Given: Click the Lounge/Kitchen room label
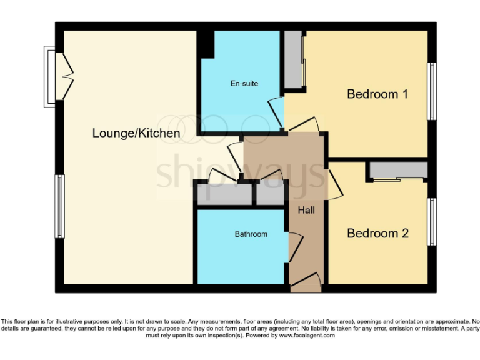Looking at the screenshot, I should point(136,133).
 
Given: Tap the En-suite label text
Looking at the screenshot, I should point(244,83).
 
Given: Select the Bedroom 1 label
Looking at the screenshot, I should point(377,94).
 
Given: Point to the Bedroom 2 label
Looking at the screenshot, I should point(377,233).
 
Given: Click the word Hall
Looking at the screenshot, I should point(306,211).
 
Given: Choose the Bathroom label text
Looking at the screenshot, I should point(251,234).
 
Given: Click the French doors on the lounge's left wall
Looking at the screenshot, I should point(65,76).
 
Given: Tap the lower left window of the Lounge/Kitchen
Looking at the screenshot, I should point(59,206).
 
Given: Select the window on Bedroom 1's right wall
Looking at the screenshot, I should point(431,91).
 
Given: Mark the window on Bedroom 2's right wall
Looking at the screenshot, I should point(431,222).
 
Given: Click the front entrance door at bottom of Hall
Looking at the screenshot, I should point(306,284).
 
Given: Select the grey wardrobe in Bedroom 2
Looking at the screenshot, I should point(398,170).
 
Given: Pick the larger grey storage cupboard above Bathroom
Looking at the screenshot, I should point(224,194).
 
